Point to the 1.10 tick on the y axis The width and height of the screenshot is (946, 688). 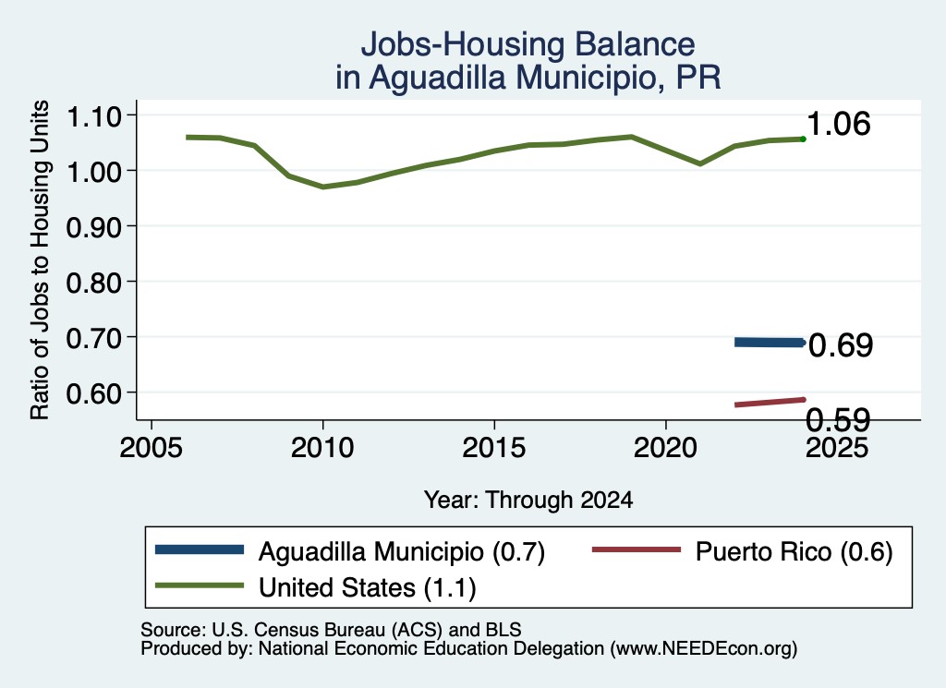click(93, 116)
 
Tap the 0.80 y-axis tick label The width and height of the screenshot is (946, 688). click(93, 283)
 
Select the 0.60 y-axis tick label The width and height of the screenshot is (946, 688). click(93, 393)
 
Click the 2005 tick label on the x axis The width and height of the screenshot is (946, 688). click(152, 448)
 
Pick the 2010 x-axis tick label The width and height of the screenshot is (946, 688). click(322, 448)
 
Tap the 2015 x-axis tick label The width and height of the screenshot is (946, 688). click(494, 448)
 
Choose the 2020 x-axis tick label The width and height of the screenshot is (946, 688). click(665, 448)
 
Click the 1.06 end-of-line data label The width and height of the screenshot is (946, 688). click(839, 125)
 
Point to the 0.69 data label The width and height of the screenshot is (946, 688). click(841, 345)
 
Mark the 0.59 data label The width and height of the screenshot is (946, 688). click(839, 419)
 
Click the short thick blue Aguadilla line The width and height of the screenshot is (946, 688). click(770, 343)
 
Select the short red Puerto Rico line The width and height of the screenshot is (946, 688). click(770, 403)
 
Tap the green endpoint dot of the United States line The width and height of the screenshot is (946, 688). click(803, 139)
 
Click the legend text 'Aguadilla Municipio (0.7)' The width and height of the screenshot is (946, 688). click(402, 551)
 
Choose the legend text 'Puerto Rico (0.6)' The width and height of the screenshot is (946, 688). click(794, 551)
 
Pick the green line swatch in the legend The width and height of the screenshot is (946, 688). click(200, 585)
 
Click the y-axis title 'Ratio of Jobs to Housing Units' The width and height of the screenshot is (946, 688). click(40, 260)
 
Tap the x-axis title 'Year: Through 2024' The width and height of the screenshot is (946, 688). click(528, 501)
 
